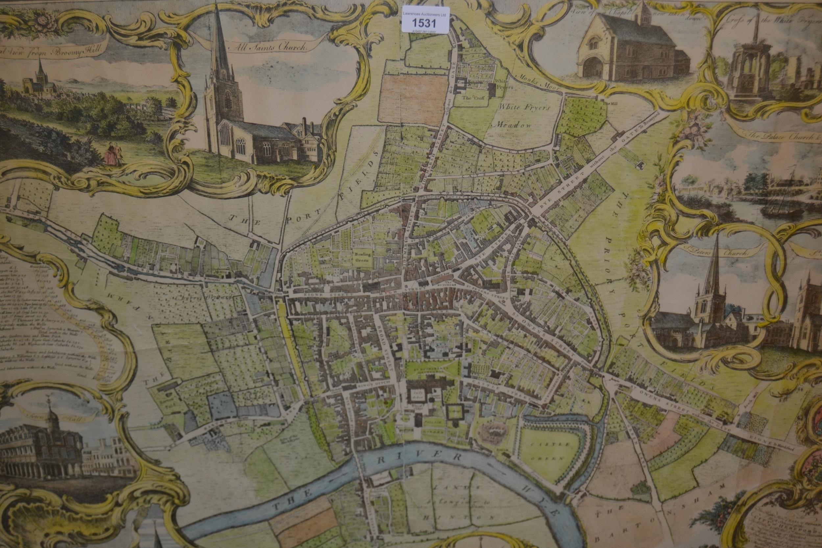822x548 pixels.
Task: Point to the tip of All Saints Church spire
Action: tap(217, 6)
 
